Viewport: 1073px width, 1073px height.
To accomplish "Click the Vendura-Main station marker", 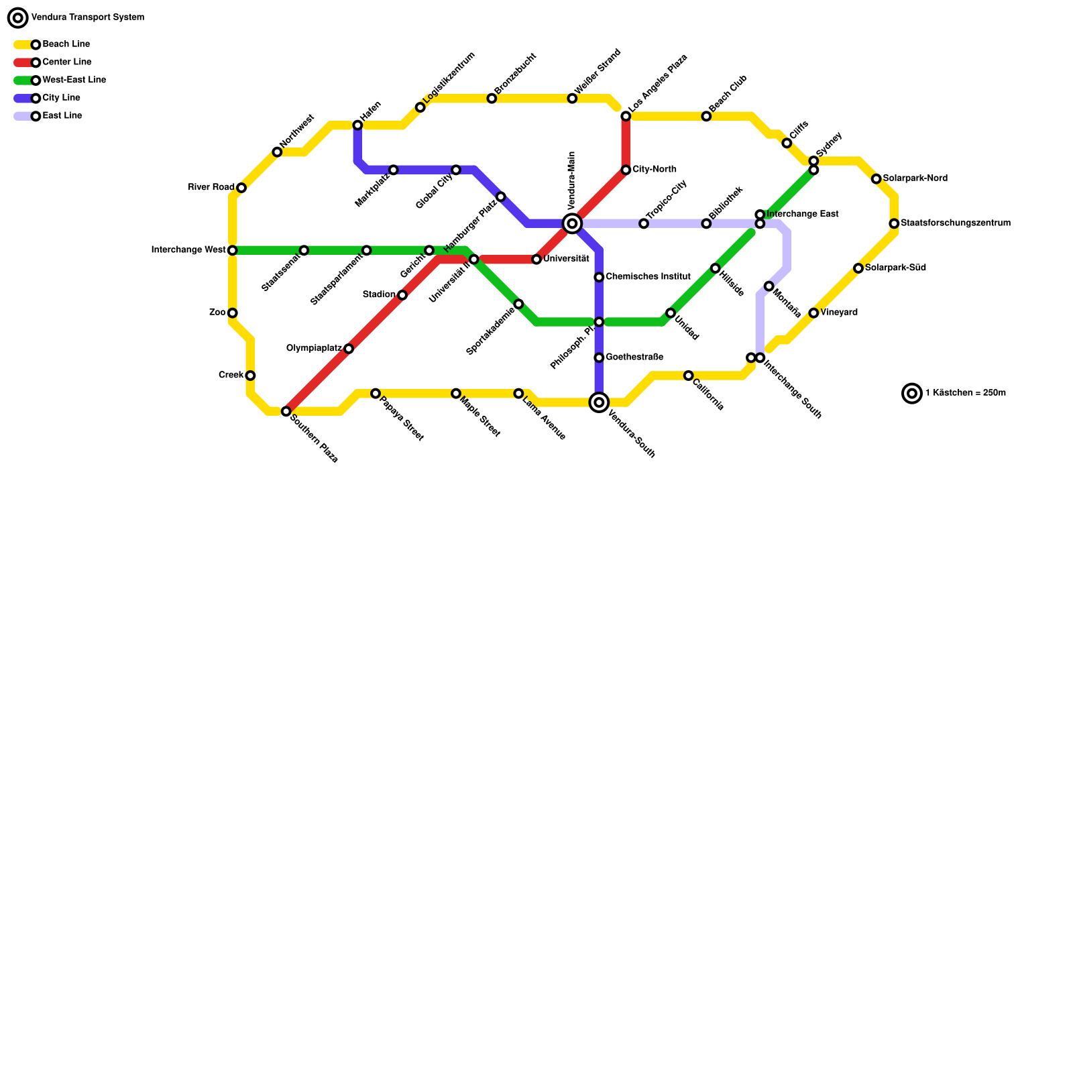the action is coord(572,223).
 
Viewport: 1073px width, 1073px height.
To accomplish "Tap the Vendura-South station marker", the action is coord(599,402).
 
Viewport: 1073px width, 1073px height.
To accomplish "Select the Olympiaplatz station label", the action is coord(314,349).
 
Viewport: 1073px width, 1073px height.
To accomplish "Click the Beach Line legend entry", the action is coord(66,44).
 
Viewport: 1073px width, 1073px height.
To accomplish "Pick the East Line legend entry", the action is coord(62,116).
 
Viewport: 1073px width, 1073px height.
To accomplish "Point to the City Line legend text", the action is coord(61,98).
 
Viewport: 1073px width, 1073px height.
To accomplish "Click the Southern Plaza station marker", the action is coord(286,411).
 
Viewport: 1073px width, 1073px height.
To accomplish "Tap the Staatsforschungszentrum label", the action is coord(955,223).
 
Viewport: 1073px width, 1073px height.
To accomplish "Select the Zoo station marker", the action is coord(232,313).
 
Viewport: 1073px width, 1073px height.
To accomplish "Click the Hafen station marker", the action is coord(357,125).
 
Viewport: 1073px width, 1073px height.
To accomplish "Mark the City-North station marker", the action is coord(626,170).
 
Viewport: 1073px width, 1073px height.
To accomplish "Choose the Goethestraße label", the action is coord(634,357).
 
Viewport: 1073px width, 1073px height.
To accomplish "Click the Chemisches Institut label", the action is coord(648,277).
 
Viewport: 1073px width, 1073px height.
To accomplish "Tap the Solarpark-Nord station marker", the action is coord(876,179).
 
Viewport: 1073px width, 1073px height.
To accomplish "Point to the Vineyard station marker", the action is coord(813,313).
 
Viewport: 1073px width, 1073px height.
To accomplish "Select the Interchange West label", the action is coord(188,250).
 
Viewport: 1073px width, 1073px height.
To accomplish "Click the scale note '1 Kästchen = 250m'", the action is coord(965,394).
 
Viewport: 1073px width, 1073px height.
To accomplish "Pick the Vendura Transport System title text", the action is coord(87,17).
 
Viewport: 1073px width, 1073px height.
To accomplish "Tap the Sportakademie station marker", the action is coord(518,304).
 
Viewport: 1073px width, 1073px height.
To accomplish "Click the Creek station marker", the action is coord(250,376).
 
